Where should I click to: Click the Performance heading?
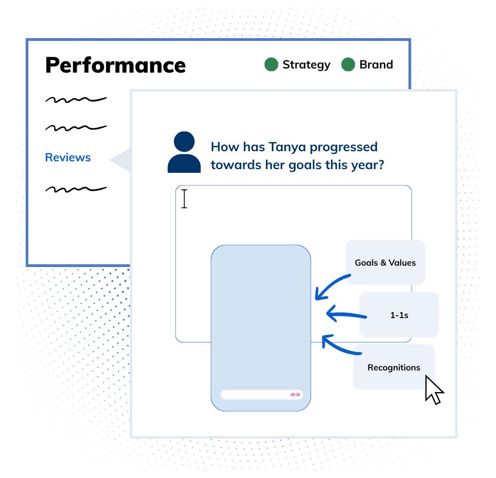coord(115,65)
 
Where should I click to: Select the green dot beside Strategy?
coord(271,64)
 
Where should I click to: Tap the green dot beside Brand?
coord(348,64)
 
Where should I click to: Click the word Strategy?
coord(306,65)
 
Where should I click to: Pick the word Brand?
coord(376,65)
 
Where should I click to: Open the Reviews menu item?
coord(68,157)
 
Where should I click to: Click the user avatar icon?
coord(184,152)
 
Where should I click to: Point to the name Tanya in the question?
coord(287,148)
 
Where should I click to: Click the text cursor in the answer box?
coord(185,199)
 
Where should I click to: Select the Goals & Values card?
coord(385,262)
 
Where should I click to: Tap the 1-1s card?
coord(399,315)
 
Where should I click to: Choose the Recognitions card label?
coord(394,368)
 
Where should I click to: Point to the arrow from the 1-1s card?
coord(346,314)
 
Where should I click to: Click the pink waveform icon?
coord(295,394)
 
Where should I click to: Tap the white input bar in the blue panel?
coord(262,395)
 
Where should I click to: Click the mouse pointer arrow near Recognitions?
coord(434,390)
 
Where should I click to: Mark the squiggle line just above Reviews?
coord(76,128)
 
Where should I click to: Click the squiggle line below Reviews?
coord(76,189)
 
